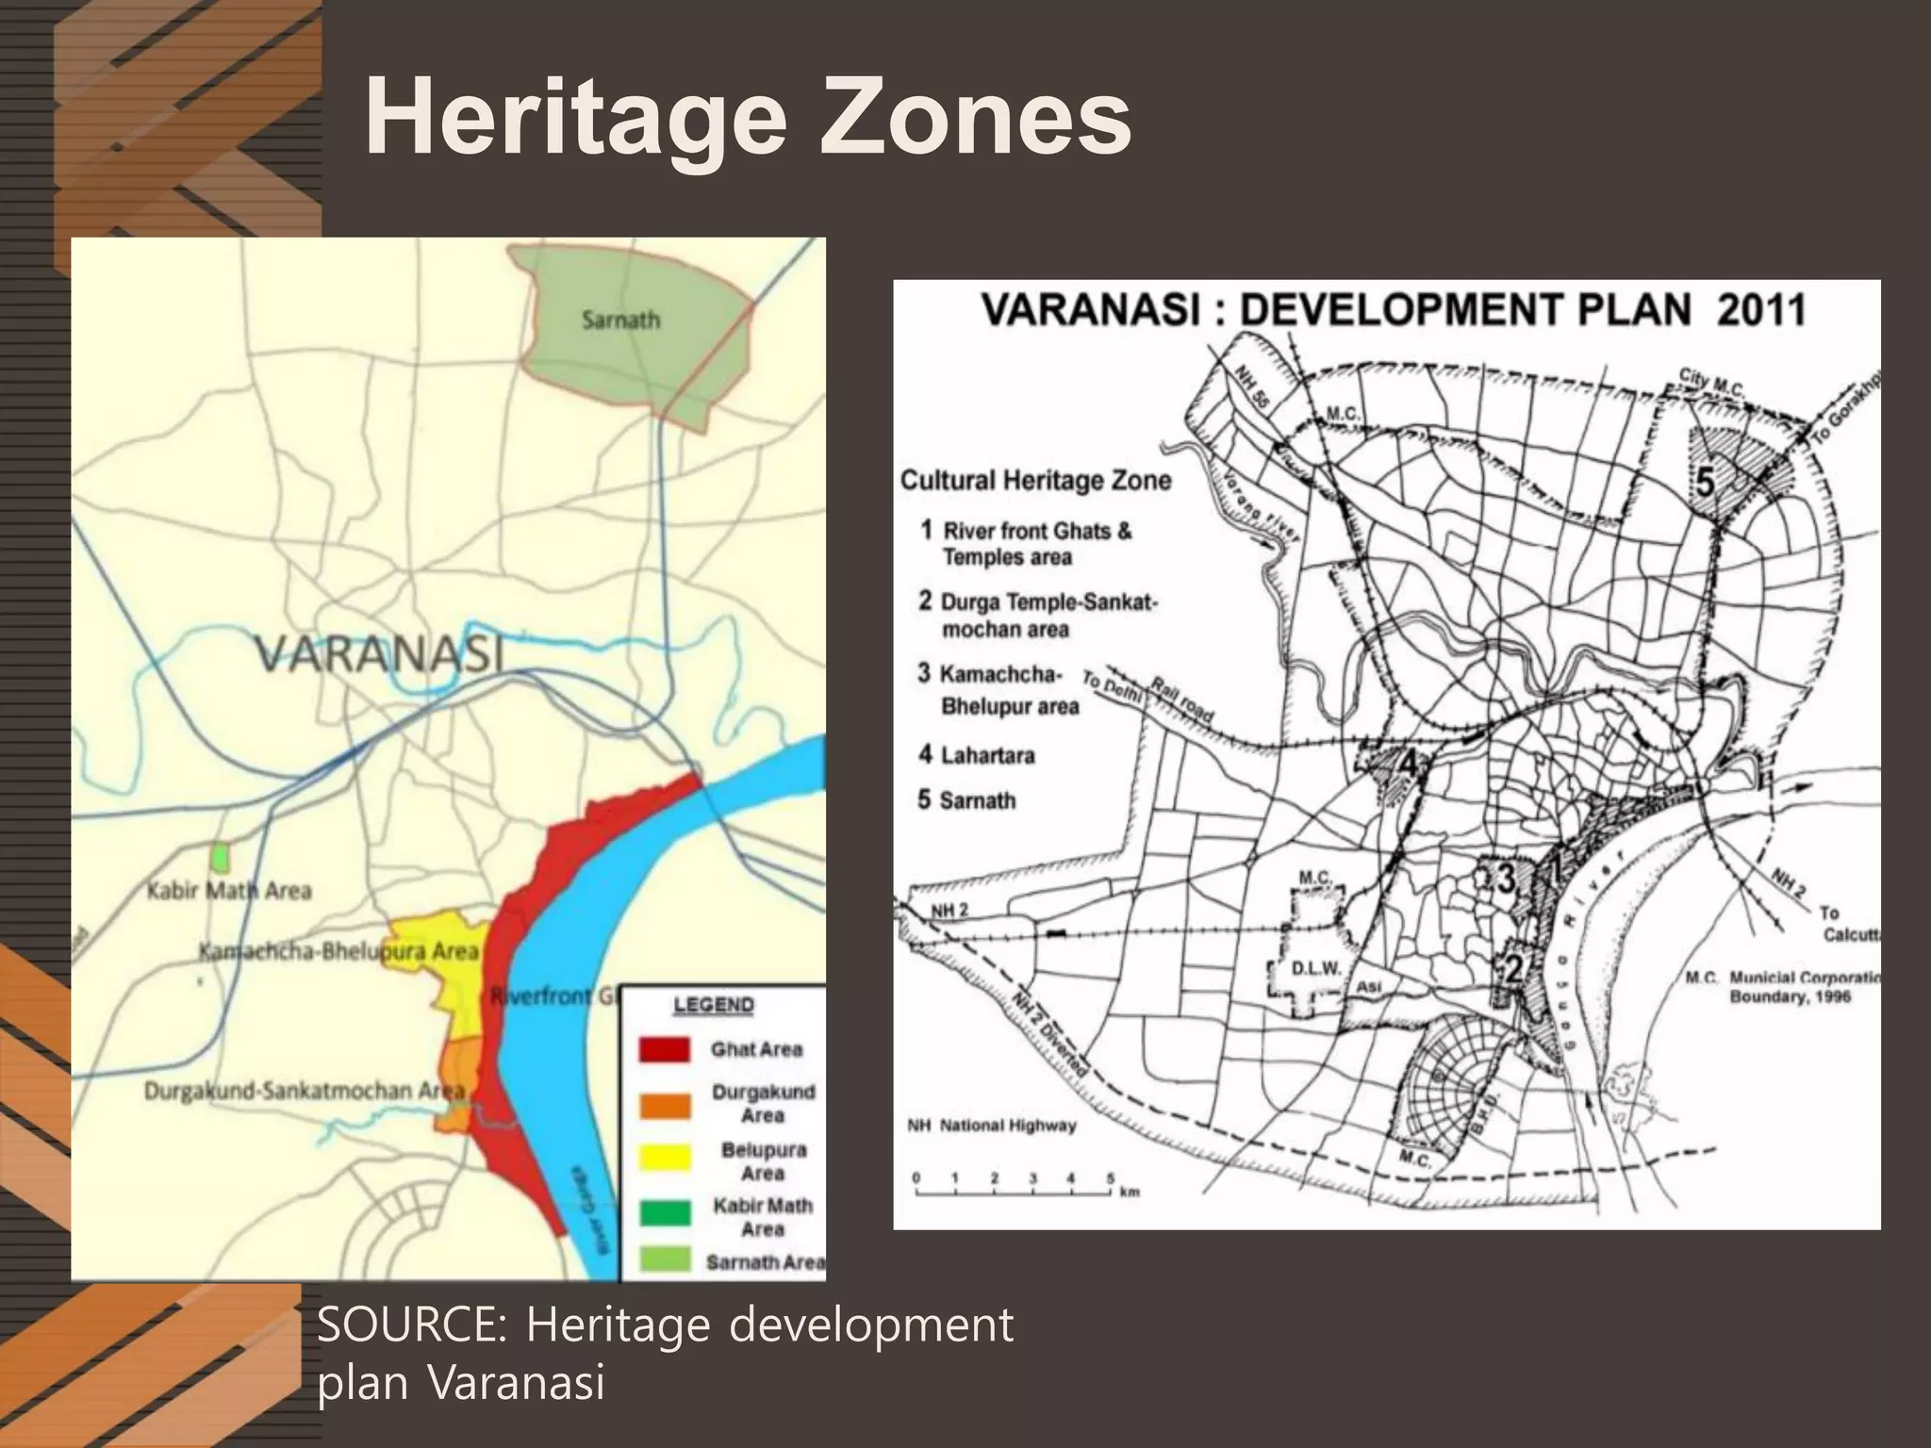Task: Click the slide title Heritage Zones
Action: (748, 120)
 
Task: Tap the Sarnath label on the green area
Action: (620, 321)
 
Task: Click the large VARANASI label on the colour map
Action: (379, 653)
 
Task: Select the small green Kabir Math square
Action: (220, 857)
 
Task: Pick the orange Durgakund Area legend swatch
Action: (664, 1104)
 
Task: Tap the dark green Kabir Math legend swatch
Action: (664, 1213)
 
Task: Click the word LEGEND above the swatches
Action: (714, 1005)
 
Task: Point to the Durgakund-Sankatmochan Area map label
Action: (304, 1092)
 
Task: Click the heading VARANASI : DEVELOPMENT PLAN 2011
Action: (1394, 310)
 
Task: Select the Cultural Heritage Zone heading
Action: (1035, 481)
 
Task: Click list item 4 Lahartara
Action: (977, 755)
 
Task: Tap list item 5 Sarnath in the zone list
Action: (967, 800)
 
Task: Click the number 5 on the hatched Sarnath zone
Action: (1705, 482)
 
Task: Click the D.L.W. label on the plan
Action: (1311, 968)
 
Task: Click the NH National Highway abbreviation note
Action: (991, 1126)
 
